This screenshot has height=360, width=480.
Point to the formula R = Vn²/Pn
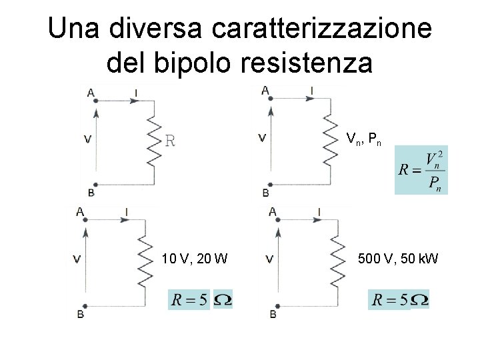click(x=421, y=171)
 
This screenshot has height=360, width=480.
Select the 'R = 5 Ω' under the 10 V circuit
click(x=201, y=299)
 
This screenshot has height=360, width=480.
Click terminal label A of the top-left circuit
click(x=91, y=93)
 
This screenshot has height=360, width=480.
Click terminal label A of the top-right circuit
click(x=265, y=90)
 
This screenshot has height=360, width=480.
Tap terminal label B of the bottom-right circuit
click(x=273, y=313)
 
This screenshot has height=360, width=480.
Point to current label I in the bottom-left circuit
click(x=126, y=213)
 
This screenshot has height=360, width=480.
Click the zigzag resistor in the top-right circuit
click(x=329, y=142)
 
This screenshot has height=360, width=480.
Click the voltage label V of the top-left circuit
click(x=88, y=139)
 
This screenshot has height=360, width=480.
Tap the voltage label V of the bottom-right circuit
click(x=269, y=258)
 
